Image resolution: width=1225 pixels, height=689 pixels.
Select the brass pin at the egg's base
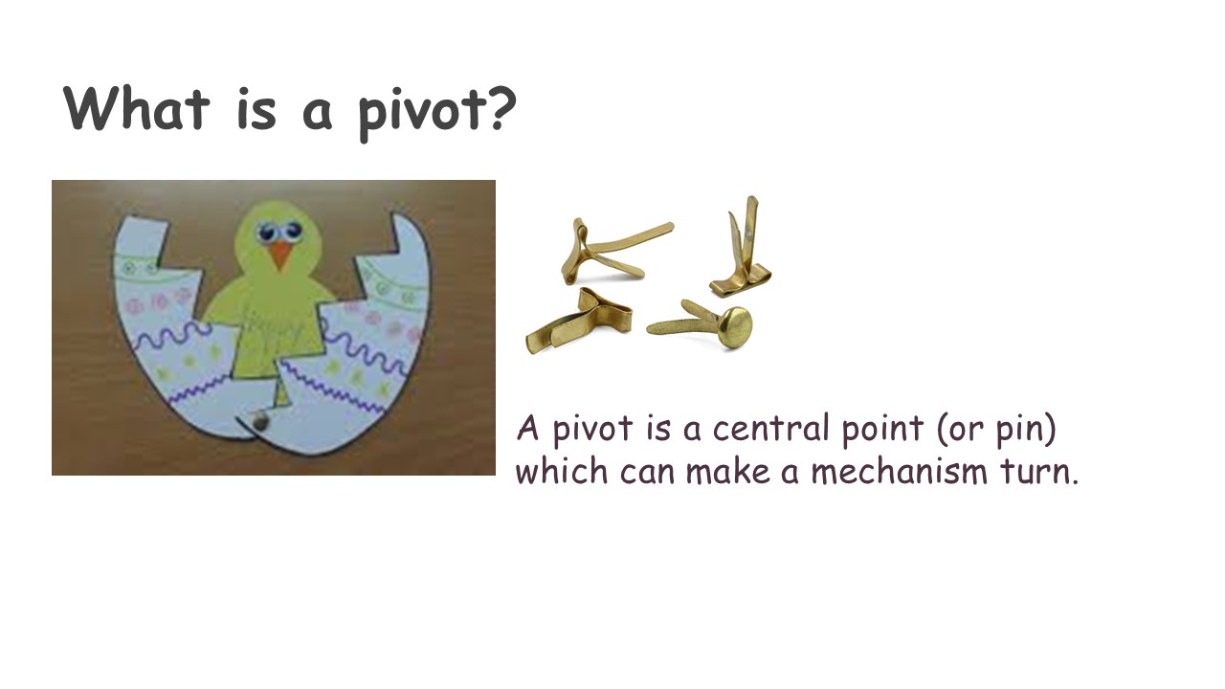(258, 420)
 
